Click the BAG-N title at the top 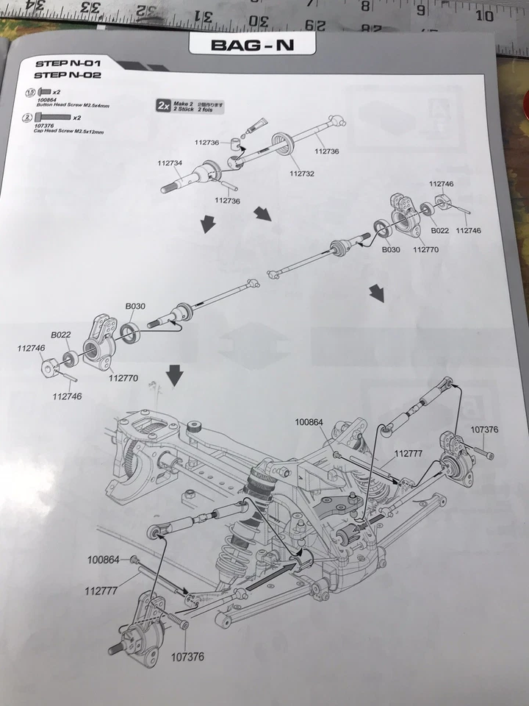click(252, 45)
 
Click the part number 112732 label click(301, 174)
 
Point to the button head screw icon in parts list click(44, 92)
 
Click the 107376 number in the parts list click(46, 126)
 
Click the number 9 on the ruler click(421, 10)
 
